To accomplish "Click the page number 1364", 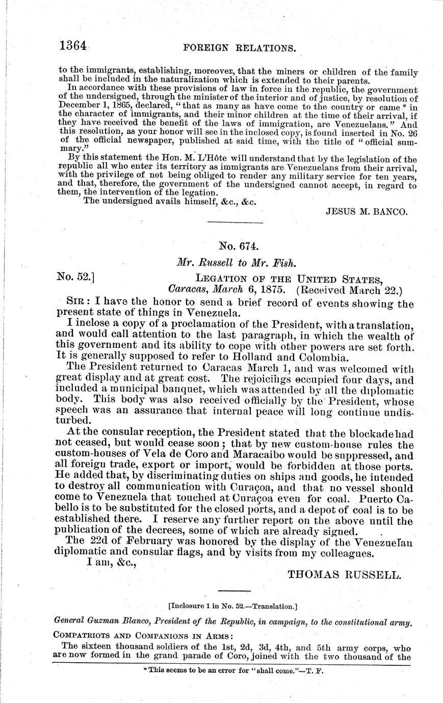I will click(74, 47).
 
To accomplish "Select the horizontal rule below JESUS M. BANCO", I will click(228, 222).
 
